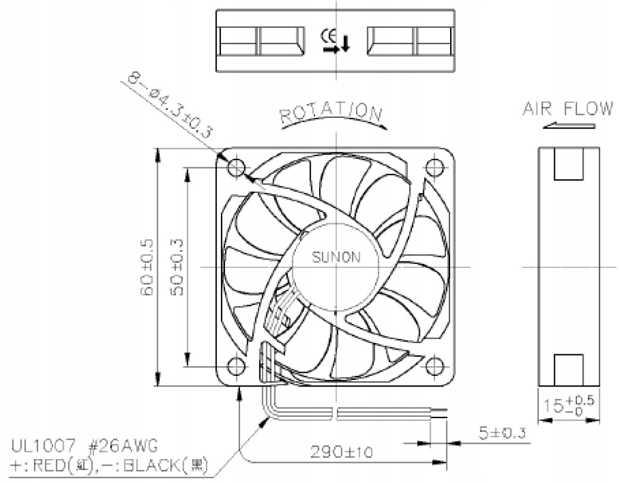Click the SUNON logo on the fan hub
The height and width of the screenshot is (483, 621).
pyautogui.click(x=336, y=257)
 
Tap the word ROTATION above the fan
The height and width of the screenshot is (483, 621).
pyautogui.click(x=331, y=112)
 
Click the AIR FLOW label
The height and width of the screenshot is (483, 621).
pyautogui.click(x=568, y=109)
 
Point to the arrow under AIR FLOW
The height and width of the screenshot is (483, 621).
pyautogui.click(x=569, y=126)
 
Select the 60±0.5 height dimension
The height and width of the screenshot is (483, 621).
pyautogui.click(x=146, y=267)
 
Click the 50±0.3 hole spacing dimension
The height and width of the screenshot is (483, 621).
pyautogui.click(x=178, y=267)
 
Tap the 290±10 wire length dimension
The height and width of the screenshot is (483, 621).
pyautogui.click(x=341, y=451)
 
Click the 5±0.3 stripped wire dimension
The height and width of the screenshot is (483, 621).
pyautogui.click(x=502, y=433)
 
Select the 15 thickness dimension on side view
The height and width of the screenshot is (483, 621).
pyautogui.click(x=569, y=404)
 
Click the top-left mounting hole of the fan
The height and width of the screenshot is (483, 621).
pyautogui.click(x=237, y=167)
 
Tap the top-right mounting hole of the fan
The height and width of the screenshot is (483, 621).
pyautogui.click(x=435, y=167)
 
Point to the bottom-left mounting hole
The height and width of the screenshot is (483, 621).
pyautogui.click(x=237, y=366)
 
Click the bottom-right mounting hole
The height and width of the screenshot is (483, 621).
pyautogui.click(x=435, y=366)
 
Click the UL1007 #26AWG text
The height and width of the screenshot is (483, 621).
pyautogui.click(x=83, y=447)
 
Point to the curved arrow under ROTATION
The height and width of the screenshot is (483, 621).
pyautogui.click(x=335, y=119)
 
